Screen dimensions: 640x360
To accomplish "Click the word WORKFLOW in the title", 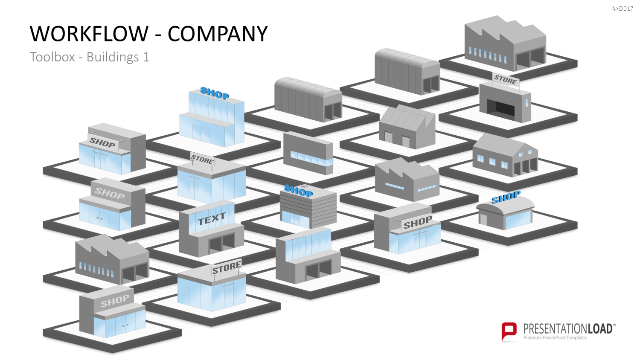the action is (x=89, y=34).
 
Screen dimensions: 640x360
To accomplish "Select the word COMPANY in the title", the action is (x=218, y=34).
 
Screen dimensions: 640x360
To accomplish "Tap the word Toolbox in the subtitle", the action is (x=52, y=57).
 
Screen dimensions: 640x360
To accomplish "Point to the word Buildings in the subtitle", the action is (x=113, y=57).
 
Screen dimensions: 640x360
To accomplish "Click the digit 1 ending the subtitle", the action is (x=146, y=57).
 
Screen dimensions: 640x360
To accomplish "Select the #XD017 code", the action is (x=622, y=9).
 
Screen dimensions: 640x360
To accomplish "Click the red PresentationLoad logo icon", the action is (x=509, y=332).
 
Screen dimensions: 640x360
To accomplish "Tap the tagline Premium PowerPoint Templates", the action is (x=555, y=338).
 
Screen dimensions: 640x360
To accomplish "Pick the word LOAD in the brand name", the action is (x=599, y=329).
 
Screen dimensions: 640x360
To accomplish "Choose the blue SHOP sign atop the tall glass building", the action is (x=215, y=93).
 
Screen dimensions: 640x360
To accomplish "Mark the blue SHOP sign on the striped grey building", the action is (x=298, y=191).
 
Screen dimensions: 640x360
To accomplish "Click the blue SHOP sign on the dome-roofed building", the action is (x=506, y=197).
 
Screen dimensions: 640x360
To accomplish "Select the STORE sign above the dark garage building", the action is (x=506, y=79).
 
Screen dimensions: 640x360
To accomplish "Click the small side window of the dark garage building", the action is (x=527, y=102).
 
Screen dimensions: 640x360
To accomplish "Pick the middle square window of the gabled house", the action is (x=492, y=162).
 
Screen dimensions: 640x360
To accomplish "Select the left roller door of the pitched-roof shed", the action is (x=388, y=137).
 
